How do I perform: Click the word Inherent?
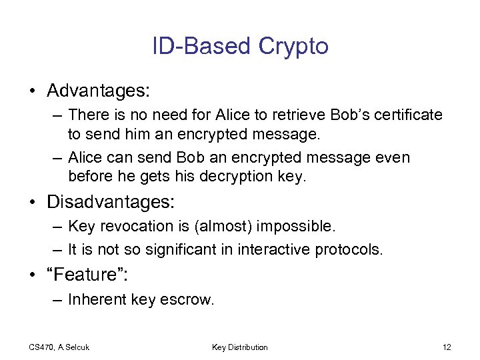(x=95, y=300)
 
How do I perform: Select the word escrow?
(x=189, y=300)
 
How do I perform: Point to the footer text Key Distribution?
(x=240, y=347)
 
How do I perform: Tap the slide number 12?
(x=447, y=347)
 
